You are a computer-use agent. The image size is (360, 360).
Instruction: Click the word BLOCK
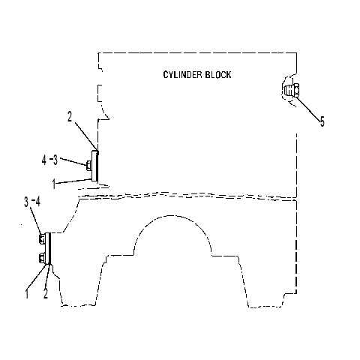218,75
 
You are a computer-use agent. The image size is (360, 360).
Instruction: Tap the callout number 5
322,121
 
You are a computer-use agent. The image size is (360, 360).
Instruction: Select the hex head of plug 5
296,91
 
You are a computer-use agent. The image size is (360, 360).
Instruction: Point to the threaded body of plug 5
289,91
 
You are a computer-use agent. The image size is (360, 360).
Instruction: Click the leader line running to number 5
308,109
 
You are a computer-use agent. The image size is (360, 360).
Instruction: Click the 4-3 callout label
49,160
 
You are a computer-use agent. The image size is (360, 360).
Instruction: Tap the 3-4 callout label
32,202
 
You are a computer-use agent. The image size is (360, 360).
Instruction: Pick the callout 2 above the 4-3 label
70,116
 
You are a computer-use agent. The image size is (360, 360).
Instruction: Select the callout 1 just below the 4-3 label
54,184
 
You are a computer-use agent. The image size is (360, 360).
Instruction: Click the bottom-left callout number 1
27,293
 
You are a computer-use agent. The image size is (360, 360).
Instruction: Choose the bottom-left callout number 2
46,293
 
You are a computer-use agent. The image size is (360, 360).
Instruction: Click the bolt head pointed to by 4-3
88,166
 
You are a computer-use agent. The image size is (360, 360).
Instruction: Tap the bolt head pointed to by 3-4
42,239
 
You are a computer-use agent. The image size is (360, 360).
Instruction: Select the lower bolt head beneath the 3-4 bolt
42,258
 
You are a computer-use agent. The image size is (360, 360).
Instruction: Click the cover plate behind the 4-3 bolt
94,166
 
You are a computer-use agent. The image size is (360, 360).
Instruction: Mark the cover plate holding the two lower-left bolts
47,248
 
